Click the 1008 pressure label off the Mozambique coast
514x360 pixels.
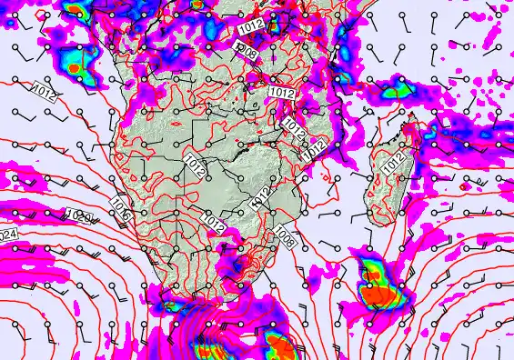tap(285, 238)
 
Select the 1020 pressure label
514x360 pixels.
tap(78, 216)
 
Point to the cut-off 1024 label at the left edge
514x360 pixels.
tap(8, 235)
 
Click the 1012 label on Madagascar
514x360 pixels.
tap(394, 164)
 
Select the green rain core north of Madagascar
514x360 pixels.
tap(397, 90)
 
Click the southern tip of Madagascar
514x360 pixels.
tap(380, 224)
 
